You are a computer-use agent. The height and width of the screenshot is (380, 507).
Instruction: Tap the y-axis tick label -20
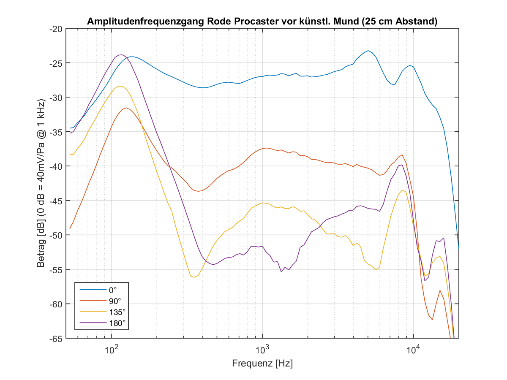point(55,29)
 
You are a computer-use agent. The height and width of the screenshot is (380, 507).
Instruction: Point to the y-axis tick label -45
point(55,201)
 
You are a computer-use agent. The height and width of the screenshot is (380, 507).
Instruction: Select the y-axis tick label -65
point(55,339)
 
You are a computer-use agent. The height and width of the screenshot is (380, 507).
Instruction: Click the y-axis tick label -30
point(55,98)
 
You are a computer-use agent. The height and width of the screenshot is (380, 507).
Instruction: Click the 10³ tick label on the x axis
point(262,350)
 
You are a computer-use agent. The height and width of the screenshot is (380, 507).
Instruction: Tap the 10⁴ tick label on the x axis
point(413,350)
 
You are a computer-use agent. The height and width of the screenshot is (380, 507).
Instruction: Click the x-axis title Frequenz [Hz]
point(262,363)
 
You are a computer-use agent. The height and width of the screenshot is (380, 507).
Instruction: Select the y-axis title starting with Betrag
point(41,184)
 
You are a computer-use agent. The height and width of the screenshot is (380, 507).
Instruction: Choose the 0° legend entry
point(112,290)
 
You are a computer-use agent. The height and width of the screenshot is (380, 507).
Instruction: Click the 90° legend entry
point(114,301)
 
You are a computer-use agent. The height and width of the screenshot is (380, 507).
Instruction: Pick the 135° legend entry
point(117,312)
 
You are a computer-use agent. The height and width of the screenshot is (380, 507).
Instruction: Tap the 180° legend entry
point(117,323)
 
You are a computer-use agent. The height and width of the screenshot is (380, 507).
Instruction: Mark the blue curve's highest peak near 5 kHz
point(368,51)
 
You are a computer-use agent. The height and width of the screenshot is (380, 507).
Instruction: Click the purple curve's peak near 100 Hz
point(121,54)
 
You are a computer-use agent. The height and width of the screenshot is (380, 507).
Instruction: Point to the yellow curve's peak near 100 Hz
point(120,86)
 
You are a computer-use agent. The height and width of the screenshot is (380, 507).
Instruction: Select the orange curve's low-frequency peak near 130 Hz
point(126,108)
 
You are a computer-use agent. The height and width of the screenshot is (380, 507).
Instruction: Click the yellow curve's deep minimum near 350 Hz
point(194,277)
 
